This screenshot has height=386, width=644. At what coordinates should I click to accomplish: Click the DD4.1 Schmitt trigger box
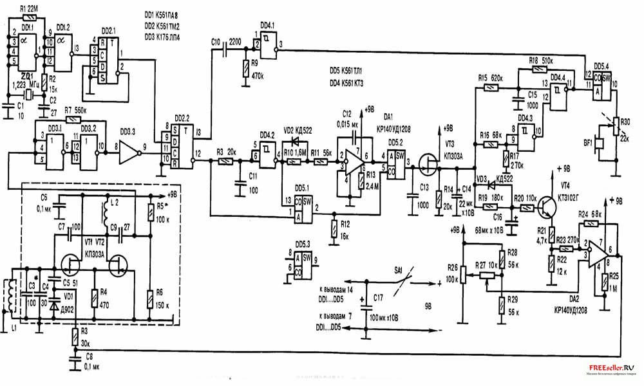268,44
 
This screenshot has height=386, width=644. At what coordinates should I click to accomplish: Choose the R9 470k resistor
245,69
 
